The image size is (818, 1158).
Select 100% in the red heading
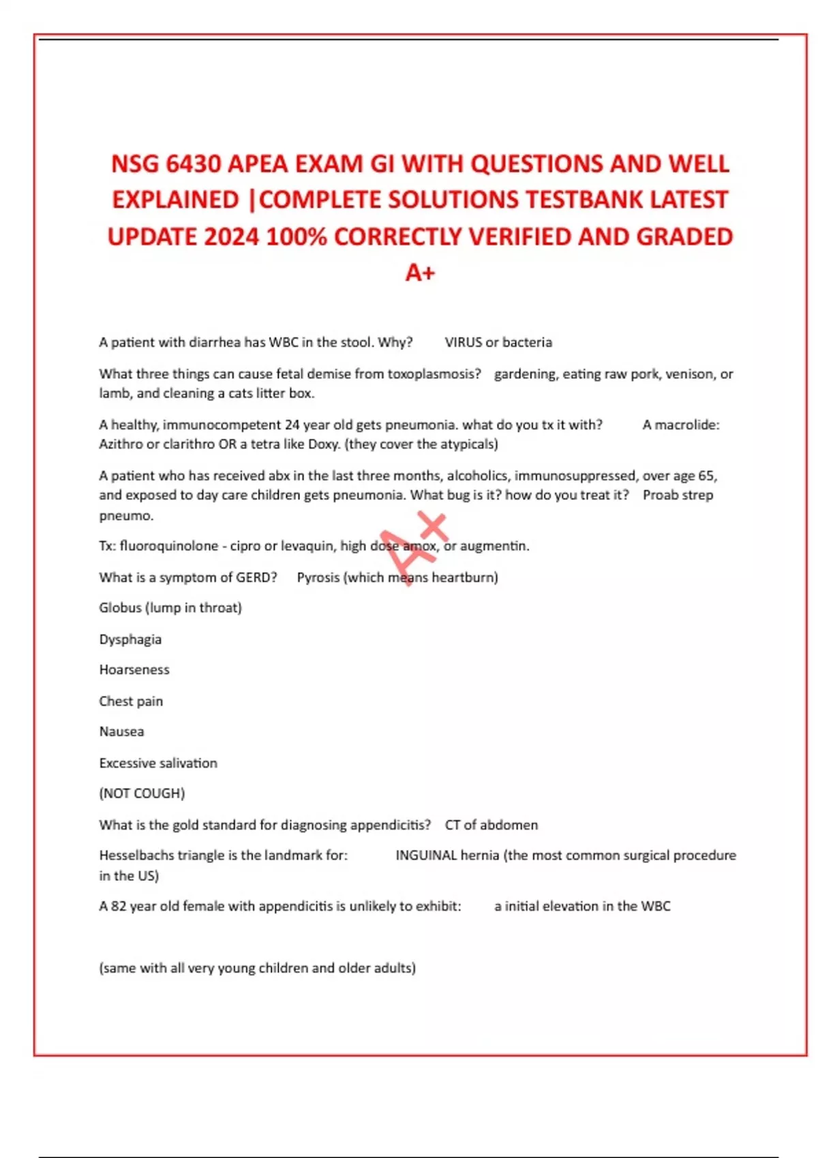pyautogui.click(x=297, y=237)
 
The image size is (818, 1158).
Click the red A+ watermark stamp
pyautogui.click(x=414, y=546)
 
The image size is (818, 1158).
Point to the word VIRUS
pyautogui.click(x=464, y=342)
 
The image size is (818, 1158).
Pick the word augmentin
pyautogui.click(x=494, y=546)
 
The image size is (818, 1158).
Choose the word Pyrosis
pyautogui.click(x=318, y=578)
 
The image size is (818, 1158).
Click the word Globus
pyautogui.click(x=120, y=608)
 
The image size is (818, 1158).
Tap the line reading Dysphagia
pyautogui.click(x=130, y=640)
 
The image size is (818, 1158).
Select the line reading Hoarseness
pyautogui.click(x=134, y=670)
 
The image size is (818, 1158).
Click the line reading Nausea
pyautogui.click(x=121, y=732)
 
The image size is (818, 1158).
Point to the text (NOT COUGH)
pyautogui.click(x=142, y=794)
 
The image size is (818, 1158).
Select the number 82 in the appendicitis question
pyautogui.click(x=119, y=907)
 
